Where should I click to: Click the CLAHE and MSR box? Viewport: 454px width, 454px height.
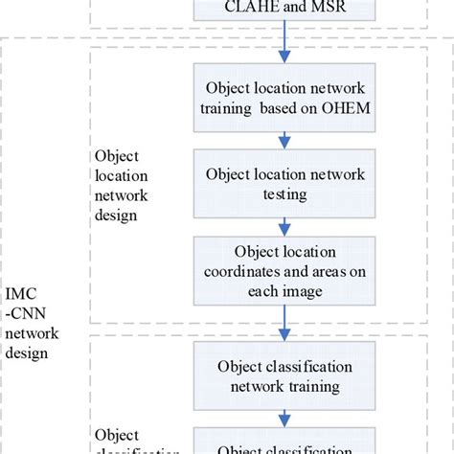tap(284, 11)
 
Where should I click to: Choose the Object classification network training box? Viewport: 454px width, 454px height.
tap(284, 376)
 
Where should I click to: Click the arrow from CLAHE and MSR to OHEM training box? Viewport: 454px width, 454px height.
tap(284, 45)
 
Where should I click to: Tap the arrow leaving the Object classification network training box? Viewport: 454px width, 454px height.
tap(284, 420)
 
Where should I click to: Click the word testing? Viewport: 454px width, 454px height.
tap(284, 194)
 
